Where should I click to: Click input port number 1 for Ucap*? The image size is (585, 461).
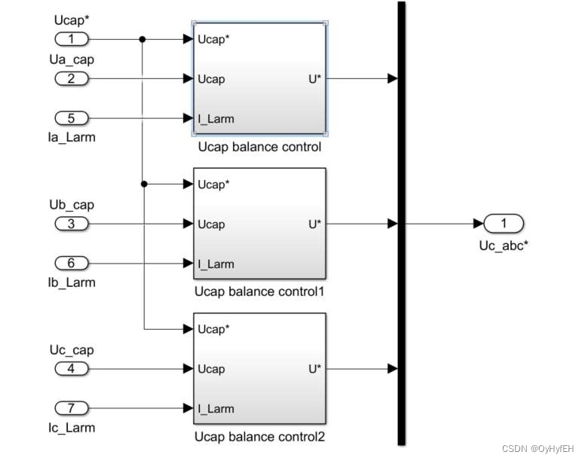[x=72, y=38]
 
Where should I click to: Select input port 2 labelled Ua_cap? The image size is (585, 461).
[x=72, y=78]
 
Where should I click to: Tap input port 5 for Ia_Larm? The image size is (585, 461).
[x=72, y=118]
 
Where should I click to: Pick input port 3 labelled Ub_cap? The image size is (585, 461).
[x=72, y=224]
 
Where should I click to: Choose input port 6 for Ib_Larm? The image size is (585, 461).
[x=72, y=263]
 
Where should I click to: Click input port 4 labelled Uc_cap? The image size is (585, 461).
[x=72, y=368]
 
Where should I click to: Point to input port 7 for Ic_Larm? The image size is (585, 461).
[x=72, y=408]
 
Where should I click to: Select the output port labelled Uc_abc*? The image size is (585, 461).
[x=504, y=224]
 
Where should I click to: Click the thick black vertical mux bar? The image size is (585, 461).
[x=402, y=223]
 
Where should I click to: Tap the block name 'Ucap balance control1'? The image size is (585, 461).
[x=259, y=292]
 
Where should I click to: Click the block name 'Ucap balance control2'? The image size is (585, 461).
[x=259, y=436]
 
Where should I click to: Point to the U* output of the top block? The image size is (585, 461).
[x=315, y=79]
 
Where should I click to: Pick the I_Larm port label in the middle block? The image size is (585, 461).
[x=216, y=264]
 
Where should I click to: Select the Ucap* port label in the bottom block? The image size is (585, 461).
[x=213, y=329]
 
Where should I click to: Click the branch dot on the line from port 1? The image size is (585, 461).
[x=142, y=39]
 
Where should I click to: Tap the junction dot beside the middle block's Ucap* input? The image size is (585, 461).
[x=144, y=184]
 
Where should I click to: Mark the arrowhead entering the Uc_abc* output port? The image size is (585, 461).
[x=479, y=224]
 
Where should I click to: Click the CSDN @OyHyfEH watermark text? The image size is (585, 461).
[x=538, y=449]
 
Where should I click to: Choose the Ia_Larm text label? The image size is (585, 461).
[x=72, y=137]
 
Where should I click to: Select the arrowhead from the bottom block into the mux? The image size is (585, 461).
[x=393, y=368]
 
